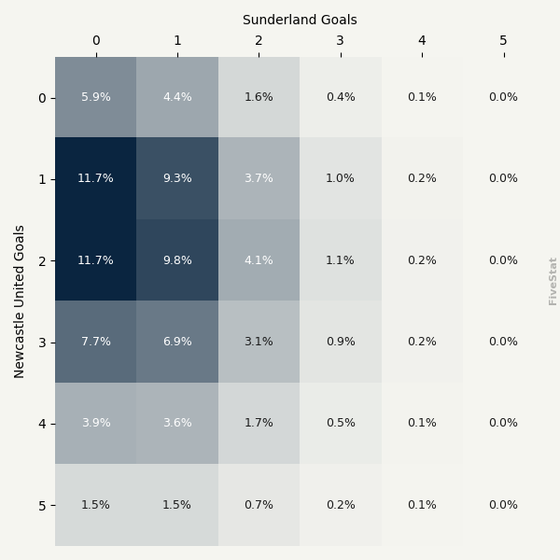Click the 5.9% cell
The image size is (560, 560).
click(95, 97)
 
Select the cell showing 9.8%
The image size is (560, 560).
click(177, 260)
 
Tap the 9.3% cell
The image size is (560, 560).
click(177, 178)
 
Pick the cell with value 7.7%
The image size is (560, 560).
click(95, 342)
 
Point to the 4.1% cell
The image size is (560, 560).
click(259, 260)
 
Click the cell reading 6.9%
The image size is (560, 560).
click(177, 342)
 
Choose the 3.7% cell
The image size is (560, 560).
click(259, 178)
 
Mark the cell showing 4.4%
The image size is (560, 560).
click(177, 97)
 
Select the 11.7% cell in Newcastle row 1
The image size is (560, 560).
click(95, 178)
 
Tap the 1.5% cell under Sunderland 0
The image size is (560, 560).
click(95, 505)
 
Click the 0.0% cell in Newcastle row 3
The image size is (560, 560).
click(503, 342)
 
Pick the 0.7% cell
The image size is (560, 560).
click(259, 505)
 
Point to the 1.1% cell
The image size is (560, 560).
click(341, 260)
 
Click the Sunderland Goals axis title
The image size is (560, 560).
click(300, 20)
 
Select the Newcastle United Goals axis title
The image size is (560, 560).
click(20, 301)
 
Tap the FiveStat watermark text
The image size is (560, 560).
click(553, 281)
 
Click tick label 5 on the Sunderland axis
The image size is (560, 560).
click(503, 40)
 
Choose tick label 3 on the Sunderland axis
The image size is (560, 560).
click(341, 40)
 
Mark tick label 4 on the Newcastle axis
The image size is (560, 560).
click(42, 424)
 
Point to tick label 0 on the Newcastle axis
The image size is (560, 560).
click(42, 98)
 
